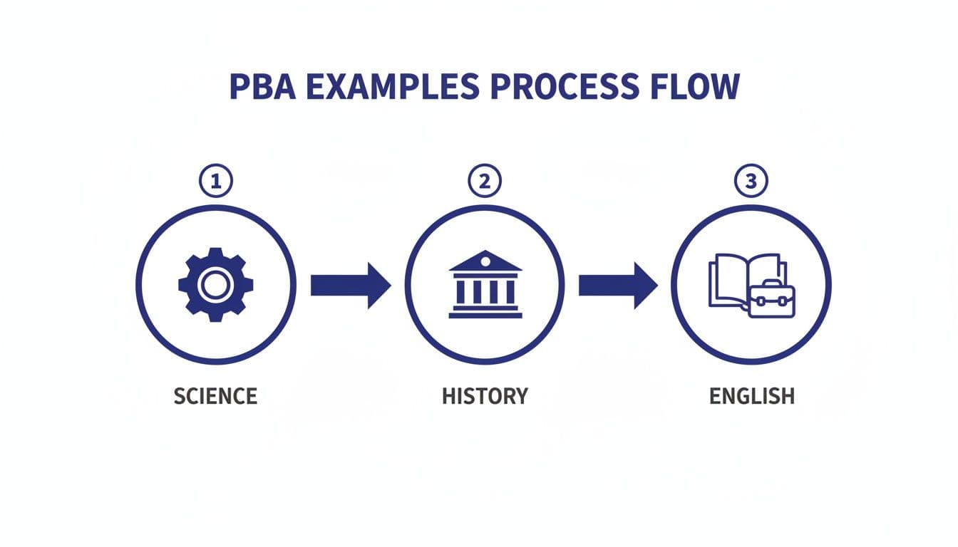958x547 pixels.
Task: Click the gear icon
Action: pyautogui.click(x=215, y=285)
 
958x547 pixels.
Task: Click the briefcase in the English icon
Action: pyautogui.click(x=771, y=299)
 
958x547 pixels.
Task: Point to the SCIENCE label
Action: pyautogui.click(x=215, y=396)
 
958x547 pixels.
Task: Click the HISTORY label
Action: pyautogui.click(x=485, y=396)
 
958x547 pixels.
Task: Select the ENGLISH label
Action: pyautogui.click(x=751, y=396)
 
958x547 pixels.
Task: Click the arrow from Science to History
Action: pyautogui.click(x=350, y=286)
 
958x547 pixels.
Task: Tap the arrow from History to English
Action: pyautogui.click(x=617, y=286)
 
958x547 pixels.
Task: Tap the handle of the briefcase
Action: pyautogui.click(x=771, y=284)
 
